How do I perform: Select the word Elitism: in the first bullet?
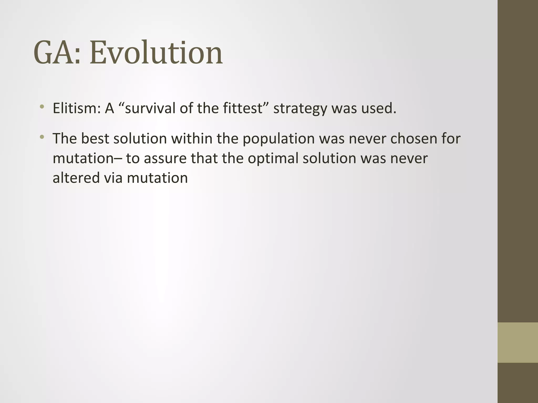[77, 108]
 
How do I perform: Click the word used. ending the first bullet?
[379, 108]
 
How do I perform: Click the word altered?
[76, 178]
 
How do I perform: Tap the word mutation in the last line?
[157, 178]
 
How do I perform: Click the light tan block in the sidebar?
[518, 342]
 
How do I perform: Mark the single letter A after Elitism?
[110, 108]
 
